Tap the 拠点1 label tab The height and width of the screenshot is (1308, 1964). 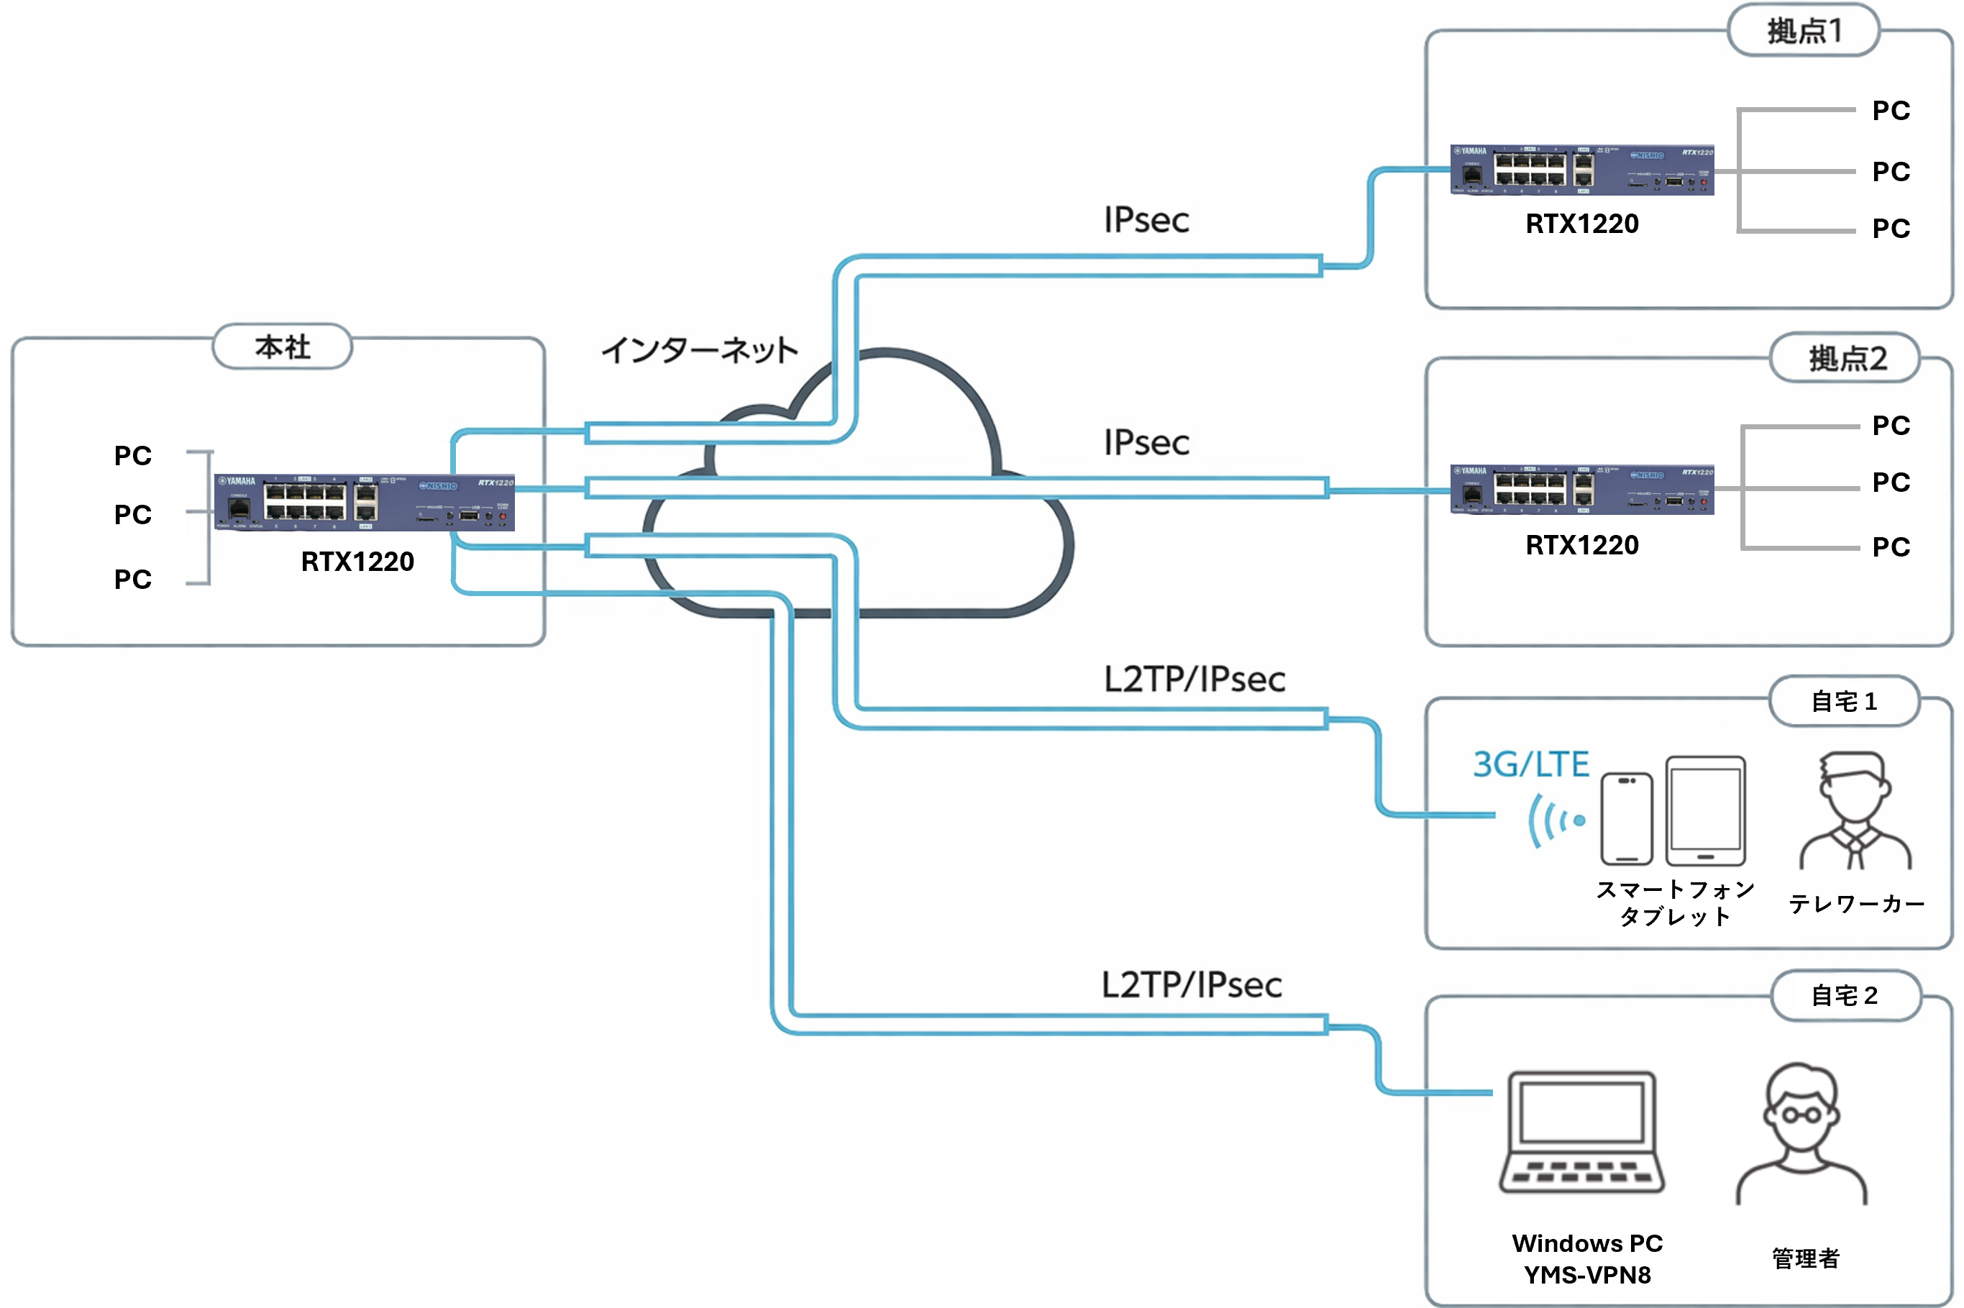1803,31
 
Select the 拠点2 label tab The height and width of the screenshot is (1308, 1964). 1845,359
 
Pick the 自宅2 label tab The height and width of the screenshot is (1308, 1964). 1845,995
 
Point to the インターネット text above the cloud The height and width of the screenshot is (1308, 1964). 699,350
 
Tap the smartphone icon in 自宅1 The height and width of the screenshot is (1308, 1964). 1626,818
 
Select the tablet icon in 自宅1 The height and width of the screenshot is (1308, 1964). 1704,811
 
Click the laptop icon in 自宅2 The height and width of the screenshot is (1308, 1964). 1581,1132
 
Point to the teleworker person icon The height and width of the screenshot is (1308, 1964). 1855,812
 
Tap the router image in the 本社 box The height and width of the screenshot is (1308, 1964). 364,503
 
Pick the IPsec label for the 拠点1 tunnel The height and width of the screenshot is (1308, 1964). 1146,220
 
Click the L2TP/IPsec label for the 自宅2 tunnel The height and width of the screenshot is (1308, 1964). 1192,985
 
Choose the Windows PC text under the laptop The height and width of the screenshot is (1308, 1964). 1587,1244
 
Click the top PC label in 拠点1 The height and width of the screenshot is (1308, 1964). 1891,111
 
